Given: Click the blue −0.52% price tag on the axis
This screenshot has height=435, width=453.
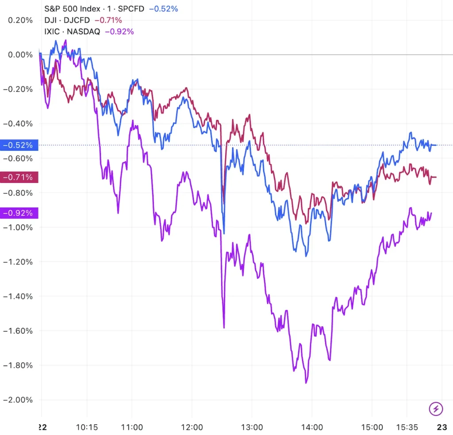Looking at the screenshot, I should click(19, 145).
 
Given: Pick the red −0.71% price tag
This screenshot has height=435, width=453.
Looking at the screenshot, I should click(19, 178).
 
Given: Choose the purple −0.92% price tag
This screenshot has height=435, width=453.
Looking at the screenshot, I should click(19, 213).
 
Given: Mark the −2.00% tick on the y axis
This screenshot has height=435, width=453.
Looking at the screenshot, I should click(19, 400).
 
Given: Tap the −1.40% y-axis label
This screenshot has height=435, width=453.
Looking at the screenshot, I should click(19, 296).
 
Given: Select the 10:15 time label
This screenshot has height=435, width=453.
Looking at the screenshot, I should click(87, 427).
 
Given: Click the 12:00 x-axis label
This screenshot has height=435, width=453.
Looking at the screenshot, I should click(192, 427).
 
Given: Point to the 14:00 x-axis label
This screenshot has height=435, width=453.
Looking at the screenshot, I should click(312, 427).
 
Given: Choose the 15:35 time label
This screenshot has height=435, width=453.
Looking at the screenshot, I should click(407, 427).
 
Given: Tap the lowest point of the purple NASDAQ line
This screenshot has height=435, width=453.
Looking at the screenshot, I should click(306, 382).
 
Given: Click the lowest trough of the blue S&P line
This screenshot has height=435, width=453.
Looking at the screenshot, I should click(306, 256).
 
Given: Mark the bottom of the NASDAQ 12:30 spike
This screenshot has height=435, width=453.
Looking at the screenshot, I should click(224, 327).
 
